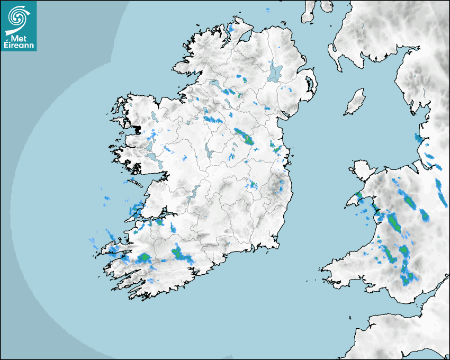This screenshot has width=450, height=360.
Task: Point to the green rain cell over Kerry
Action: (x=144, y=258)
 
